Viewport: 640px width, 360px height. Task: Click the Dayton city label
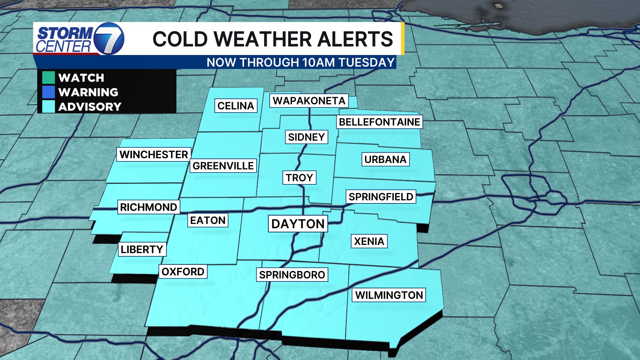298,224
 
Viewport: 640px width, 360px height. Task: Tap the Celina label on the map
236,106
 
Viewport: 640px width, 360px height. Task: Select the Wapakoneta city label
309,101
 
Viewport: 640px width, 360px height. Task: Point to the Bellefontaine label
379,122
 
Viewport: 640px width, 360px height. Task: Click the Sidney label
306,137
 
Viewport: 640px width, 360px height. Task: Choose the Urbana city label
385,159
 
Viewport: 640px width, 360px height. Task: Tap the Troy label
299,178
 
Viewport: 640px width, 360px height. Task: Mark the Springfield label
381,197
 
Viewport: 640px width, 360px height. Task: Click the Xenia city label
369,241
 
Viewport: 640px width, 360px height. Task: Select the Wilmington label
389,295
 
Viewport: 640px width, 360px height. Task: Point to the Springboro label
292,275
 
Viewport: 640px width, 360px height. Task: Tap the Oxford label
183,272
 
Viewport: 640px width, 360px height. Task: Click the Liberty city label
142,249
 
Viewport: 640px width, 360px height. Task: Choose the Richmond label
148,207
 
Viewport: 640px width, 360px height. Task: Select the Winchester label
154,154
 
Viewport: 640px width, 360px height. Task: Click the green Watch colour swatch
48,78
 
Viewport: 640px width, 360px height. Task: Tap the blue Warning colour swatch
48,92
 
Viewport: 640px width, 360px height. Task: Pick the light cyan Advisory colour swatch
48,107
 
